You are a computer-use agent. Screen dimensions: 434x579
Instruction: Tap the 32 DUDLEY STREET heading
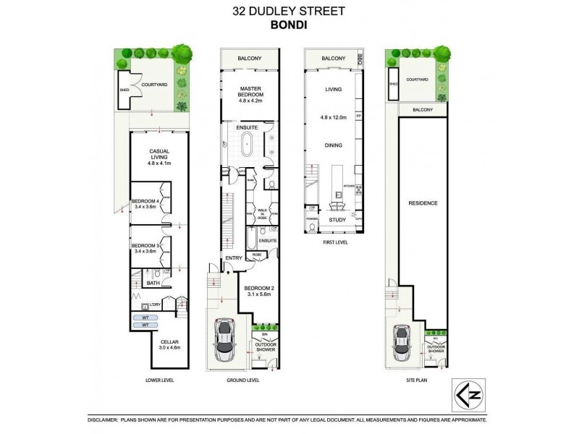[289, 10]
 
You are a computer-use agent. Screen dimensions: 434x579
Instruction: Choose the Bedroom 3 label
[145, 249]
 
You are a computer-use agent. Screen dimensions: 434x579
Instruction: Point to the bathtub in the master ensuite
[248, 144]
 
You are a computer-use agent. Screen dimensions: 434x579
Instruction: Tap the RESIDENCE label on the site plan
[423, 203]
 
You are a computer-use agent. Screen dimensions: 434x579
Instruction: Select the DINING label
[333, 145]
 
